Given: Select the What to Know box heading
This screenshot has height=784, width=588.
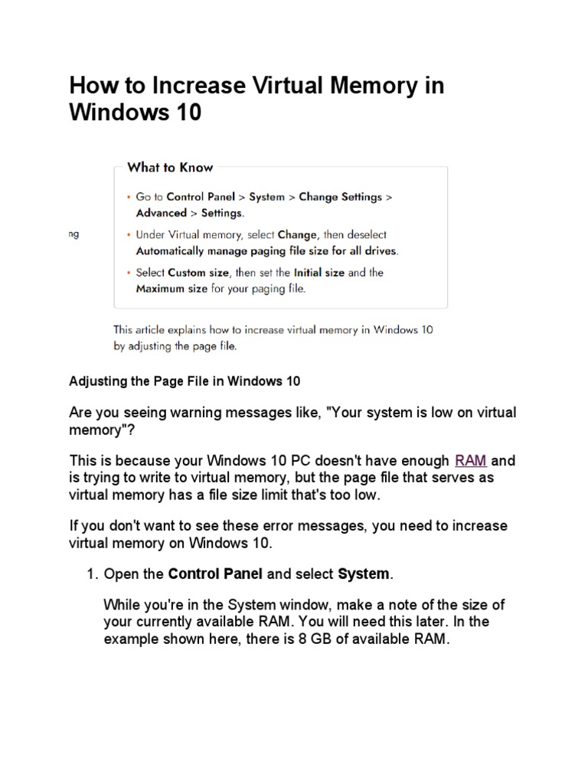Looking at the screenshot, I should tap(170, 168).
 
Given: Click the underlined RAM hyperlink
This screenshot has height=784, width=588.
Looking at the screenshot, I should tap(471, 461).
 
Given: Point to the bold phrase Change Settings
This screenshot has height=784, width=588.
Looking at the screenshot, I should tap(340, 197).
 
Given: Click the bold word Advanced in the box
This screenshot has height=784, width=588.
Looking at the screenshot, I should tap(161, 213).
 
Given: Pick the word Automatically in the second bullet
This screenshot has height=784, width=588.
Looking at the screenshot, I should tap(173, 250).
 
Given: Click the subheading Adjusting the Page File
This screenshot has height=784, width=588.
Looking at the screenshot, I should tap(185, 381).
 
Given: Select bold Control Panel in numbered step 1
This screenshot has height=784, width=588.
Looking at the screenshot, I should tap(215, 574).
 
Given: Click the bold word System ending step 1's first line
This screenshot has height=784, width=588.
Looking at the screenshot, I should tap(362, 574).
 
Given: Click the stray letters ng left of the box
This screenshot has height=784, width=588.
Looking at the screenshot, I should tap(73, 235).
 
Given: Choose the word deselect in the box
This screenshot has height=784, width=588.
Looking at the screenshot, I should tap(364, 235).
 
